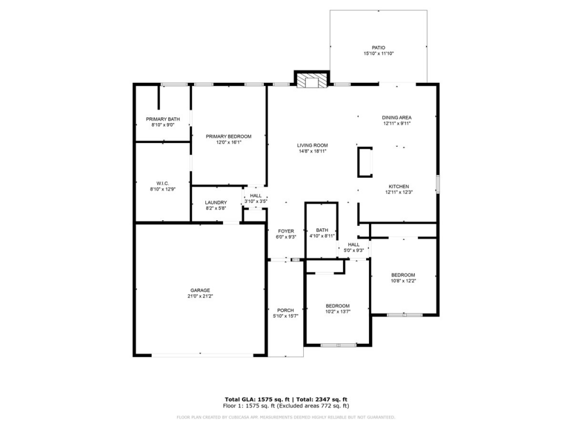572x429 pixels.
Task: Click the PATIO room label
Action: [x=378, y=48]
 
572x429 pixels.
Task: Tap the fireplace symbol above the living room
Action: [x=312, y=81]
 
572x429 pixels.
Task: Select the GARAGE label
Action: [x=200, y=290]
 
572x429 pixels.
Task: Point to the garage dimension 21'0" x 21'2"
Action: [x=200, y=296]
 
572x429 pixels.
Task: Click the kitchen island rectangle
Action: [x=364, y=162]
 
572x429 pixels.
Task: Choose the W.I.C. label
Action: [x=162, y=183]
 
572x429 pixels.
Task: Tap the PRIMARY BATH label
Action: [x=162, y=119]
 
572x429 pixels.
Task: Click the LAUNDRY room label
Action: [x=216, y=202]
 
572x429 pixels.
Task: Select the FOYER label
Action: [x=286, y=231]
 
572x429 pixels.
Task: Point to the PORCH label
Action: [x=285, y=311]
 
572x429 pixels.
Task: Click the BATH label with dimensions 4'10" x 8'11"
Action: [x=322, y=231]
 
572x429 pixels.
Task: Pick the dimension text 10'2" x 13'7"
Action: [x=337, y=312]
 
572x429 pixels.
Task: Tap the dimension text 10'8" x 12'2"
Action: [x=403, y=281]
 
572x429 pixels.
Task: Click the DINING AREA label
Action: [x=397, y=117]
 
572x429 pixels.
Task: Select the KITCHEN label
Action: [x=399, y=186]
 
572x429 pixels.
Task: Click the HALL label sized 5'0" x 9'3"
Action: [x=353, y=244]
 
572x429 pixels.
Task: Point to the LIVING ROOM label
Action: [x=312, y=145]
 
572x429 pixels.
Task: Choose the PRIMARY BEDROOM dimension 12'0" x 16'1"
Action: [x=229, y=142]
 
